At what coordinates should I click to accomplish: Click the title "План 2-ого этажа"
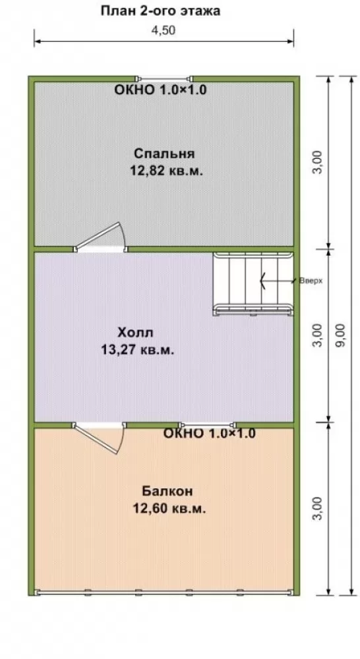160,11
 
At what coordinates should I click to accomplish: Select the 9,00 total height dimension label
341,335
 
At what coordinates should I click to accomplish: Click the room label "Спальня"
164,154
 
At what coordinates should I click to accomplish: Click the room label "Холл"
135,333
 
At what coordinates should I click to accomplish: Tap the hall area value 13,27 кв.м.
138,350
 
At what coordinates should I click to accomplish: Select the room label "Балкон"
167,491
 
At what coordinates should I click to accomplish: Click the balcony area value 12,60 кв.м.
169,509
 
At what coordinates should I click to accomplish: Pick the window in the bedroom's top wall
164,78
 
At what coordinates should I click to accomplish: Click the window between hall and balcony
208,425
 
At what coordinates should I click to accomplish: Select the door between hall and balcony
99,437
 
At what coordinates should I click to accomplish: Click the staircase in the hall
253,283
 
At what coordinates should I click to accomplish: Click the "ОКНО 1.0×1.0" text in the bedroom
160,90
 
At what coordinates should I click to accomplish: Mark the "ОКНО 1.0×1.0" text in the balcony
209,434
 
